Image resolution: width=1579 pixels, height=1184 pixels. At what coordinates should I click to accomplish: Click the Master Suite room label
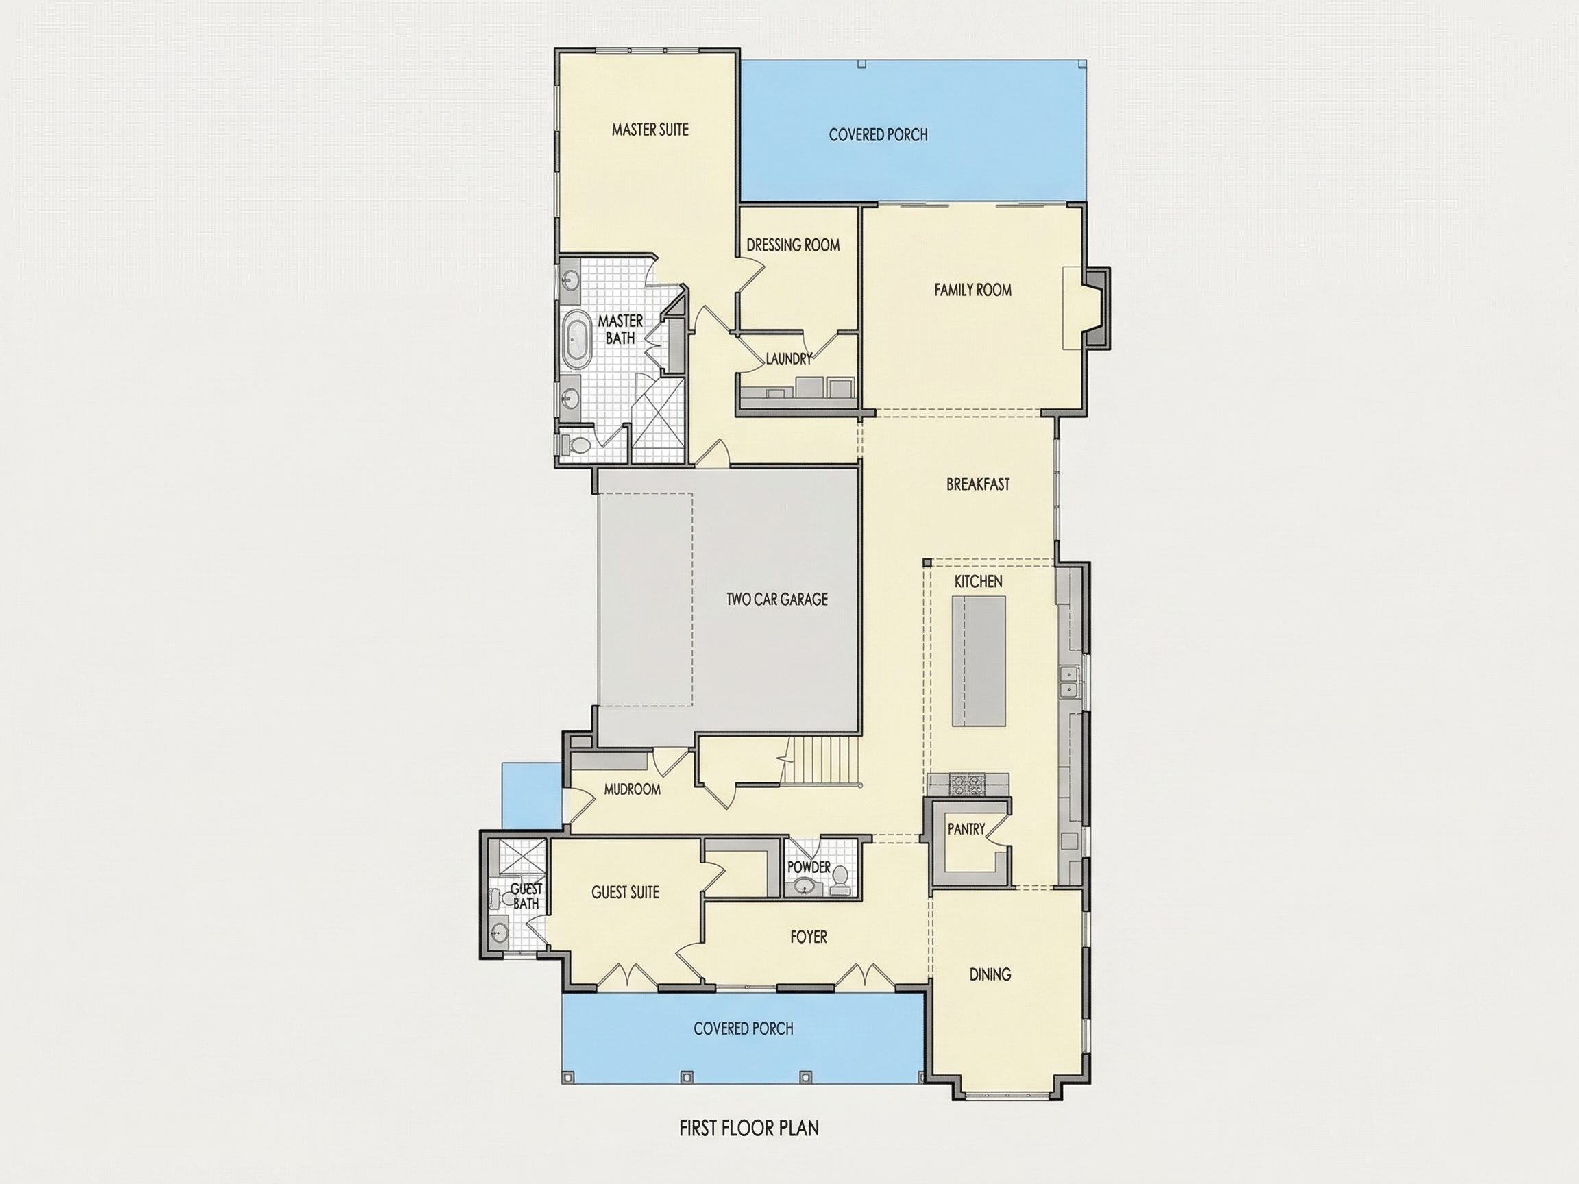(x=650, y=129)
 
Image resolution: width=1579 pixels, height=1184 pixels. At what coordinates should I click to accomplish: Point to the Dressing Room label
(x=793, y=245)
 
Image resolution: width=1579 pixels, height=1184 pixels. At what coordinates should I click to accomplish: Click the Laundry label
(x=789, y=359)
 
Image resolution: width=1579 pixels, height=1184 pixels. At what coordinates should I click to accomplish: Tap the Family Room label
(x=973, y=290)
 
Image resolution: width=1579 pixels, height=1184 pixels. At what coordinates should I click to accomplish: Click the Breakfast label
(x=978, y=484)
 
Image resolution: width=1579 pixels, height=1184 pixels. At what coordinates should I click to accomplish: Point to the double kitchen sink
(x=1068, y=682)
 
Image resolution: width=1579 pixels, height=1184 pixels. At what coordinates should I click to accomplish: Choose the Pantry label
(x=966, y=829)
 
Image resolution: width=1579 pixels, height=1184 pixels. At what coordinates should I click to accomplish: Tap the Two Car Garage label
(x=777, y=599)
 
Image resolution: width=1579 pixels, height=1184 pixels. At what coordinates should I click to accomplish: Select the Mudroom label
(x=632, y=789)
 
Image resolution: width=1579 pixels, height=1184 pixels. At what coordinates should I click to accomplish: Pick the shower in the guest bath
(x=522, y=858)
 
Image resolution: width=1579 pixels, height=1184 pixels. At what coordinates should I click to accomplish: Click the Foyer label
(x=809, y=937)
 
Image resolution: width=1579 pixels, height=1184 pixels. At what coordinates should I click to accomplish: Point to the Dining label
(x=990, y=974)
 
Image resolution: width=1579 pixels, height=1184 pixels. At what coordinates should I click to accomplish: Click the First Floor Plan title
(x=749, y=1128)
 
